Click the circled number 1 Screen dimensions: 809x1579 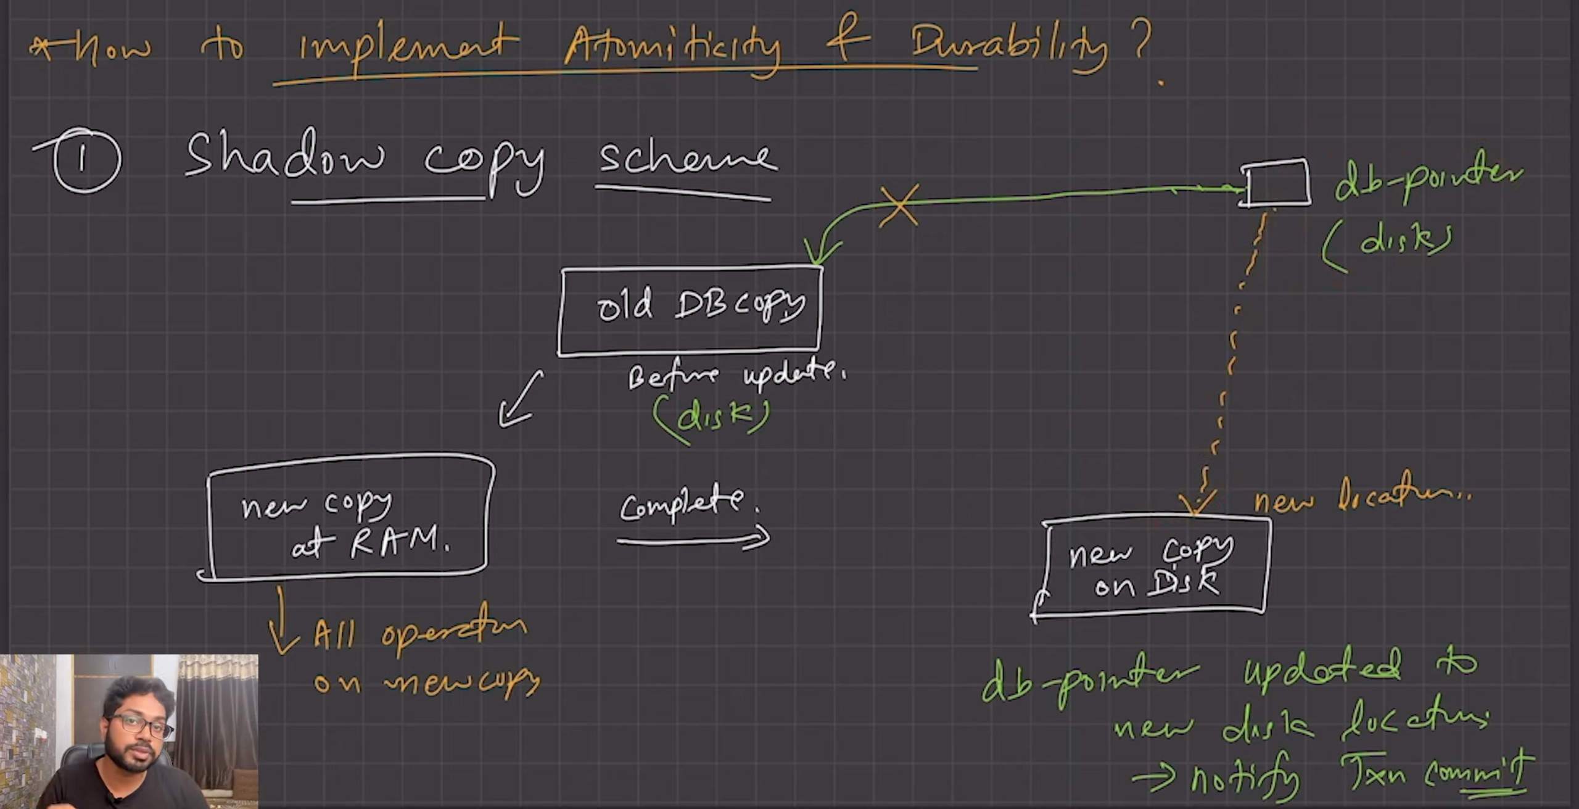point(86,160)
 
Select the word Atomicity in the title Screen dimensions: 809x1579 point(672,46)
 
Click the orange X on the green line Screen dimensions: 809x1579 point(899,205)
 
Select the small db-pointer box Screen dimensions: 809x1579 point(1276,183)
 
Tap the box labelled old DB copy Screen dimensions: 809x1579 point(690,310)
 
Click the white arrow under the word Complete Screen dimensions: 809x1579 point(694,539)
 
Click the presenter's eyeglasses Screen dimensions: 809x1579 point(141,725)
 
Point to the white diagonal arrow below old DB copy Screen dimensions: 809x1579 point(521,400)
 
